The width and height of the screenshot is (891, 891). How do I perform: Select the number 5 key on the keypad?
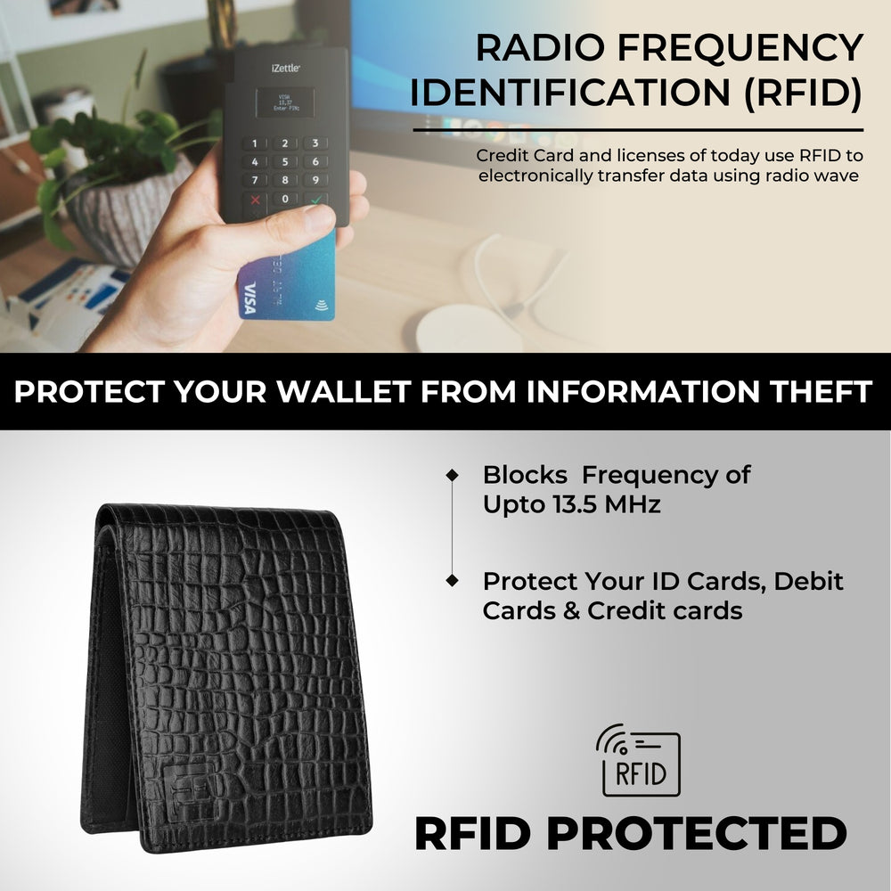[284, 162]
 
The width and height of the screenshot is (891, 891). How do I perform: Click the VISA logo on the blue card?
[249, 298]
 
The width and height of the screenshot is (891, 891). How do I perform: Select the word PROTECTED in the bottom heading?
[696, 834]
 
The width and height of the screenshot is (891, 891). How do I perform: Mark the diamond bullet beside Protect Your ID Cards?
[453, 581]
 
